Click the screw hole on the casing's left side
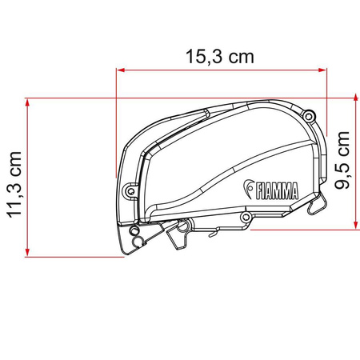tap(130, 190)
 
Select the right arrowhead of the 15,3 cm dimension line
tap(324, 71)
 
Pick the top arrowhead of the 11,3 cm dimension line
tap(28, 102)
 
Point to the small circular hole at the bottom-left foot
tap(135, 237)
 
